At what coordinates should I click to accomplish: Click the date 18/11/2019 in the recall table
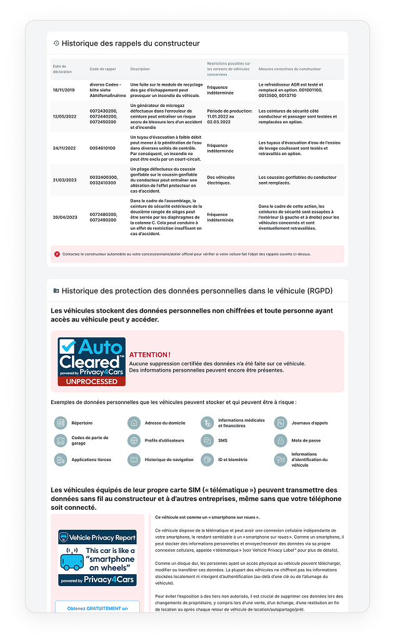(x=64, y=89)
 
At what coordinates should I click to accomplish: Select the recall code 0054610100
(x=102, y=148)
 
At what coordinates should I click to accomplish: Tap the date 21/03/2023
(x=64, y=180)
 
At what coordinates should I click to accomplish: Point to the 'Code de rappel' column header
(x=103, y=69)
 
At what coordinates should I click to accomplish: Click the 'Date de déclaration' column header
(x=62, y=69)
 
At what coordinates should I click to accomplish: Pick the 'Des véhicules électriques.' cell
(x=222, y=180)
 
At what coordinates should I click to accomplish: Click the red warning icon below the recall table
(x=57, y=254)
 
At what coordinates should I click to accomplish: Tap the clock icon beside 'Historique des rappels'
(x=56, y=44)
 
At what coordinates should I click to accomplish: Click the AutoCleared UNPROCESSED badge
(x=92, y=362)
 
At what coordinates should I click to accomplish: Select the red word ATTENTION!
(x=149, y=355)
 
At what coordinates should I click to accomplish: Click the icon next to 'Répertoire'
(x=60, y=423)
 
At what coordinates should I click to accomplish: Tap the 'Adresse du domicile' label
(x=164, y=423)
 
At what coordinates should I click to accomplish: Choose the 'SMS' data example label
(x=222, y=441)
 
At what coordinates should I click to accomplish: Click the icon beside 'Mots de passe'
(x=281, y=441)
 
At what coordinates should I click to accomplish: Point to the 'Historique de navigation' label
(x=169, y=460)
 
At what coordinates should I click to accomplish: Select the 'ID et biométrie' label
(x=232, y=460)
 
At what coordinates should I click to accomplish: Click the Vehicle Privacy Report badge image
(x=97, y=559)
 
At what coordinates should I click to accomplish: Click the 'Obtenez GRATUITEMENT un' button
(x=97, y=608)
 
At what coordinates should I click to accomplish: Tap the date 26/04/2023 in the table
(x=64, y=217)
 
